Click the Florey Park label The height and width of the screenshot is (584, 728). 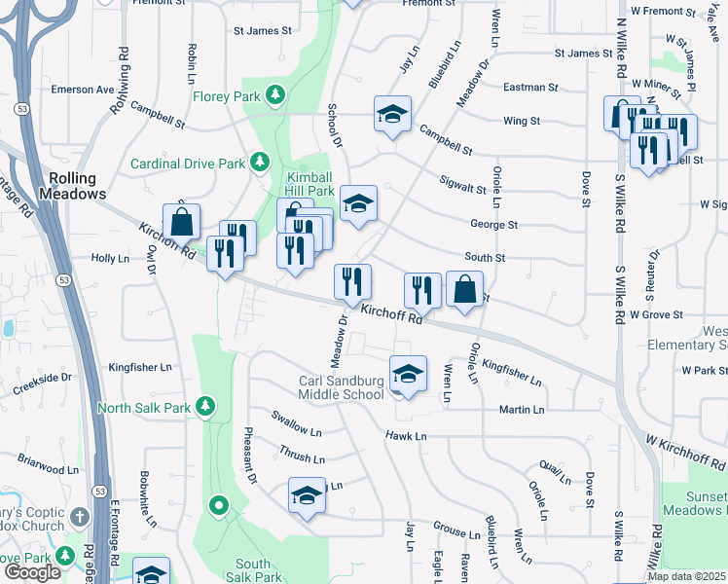226,96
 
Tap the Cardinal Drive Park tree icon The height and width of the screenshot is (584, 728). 260,162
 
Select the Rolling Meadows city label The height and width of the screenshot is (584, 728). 72,186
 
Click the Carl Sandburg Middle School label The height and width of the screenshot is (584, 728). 341,387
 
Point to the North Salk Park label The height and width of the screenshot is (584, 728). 144,407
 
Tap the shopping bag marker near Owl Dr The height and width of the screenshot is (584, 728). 182,222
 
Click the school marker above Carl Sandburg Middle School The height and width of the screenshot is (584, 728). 408,374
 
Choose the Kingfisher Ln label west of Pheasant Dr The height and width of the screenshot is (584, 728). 140,368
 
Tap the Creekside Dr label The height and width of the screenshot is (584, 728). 42,383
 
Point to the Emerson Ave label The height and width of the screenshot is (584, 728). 83,90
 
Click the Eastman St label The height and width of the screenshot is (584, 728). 530,87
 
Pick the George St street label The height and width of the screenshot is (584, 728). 493,225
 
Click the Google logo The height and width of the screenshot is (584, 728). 32,572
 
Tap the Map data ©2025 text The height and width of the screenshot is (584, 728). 685,576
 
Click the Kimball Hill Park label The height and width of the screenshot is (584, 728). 309,185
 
